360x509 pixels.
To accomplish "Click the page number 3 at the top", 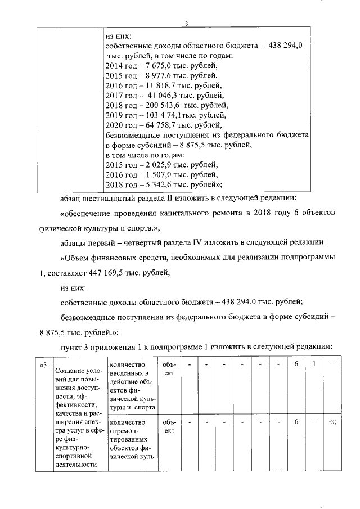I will coord(187,23).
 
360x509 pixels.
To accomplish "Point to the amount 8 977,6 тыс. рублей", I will coord(154,75).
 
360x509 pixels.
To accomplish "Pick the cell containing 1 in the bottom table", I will coord(313,365).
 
